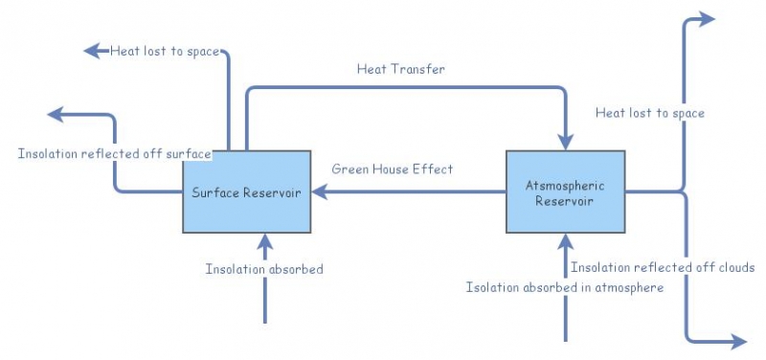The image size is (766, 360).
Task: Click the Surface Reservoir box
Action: [x=247, y=191]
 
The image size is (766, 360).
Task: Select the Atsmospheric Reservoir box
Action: [x=565, y=191]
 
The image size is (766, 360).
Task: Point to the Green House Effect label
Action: [x=393, y=169]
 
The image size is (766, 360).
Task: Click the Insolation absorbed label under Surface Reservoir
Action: [x=264, y=269]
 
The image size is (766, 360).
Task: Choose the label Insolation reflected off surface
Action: [x=114, y=153]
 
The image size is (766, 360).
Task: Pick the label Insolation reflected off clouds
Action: [x=663, y=267]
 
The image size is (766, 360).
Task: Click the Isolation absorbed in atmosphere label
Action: [x=564, y=287]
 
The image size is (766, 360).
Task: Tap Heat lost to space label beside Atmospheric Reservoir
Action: [x=649, y=113]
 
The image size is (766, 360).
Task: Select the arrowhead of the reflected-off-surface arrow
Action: [x=55, y=115]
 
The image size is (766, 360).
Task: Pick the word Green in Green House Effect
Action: [x=349, y=169]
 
